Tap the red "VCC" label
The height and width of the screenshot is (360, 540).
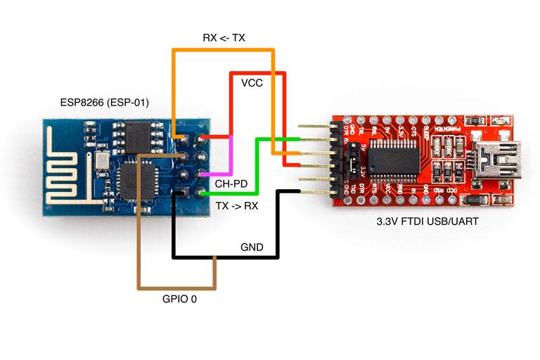click(x=252, y=83)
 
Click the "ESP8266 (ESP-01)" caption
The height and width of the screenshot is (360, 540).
click(x=105, y=103)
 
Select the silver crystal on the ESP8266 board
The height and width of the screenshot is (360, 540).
click(x=103, y=161)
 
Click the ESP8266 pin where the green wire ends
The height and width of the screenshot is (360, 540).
click(x=203, y=191)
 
